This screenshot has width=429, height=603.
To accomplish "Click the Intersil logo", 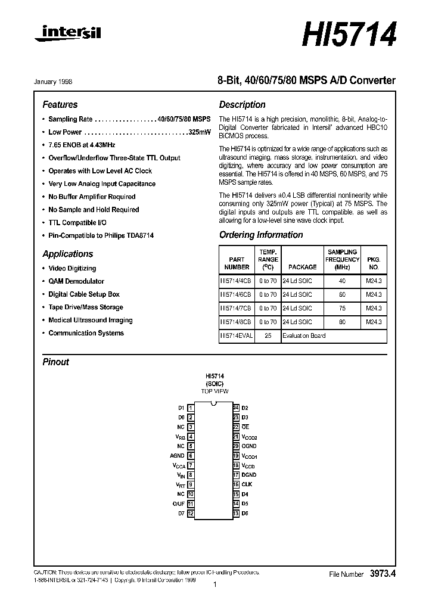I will (68, 34).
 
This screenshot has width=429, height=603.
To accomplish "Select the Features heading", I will (60, 104).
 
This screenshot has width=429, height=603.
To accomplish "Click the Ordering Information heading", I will (261, 235).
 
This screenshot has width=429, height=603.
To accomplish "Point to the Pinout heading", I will (55, 362).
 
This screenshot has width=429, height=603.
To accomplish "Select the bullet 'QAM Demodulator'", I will (76, 281).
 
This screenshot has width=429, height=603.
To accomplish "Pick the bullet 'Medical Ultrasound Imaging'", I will (90, 320).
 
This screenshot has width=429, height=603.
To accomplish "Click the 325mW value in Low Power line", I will (200, 132).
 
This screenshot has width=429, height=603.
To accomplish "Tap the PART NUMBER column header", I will (237, 263).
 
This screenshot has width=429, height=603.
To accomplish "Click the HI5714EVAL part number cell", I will (237, 335).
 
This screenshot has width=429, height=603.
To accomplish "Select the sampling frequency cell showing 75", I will (342, 309).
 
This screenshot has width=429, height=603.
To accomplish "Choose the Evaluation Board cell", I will (304, 335).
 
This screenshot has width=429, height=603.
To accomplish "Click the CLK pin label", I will (247, 484).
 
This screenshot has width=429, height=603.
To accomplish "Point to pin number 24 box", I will (236, 408).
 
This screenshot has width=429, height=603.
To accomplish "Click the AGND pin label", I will (178, 456).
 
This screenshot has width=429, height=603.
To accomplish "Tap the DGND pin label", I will (249, 475).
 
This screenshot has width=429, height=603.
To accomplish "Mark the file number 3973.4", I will (383, 574).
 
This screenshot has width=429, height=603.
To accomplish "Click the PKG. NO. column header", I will (374, 263).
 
